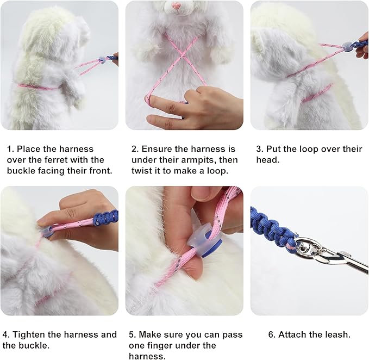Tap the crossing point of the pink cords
181,56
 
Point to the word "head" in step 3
267,160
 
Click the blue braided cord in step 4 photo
105,218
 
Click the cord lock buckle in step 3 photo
346,46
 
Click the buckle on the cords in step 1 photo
101,60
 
